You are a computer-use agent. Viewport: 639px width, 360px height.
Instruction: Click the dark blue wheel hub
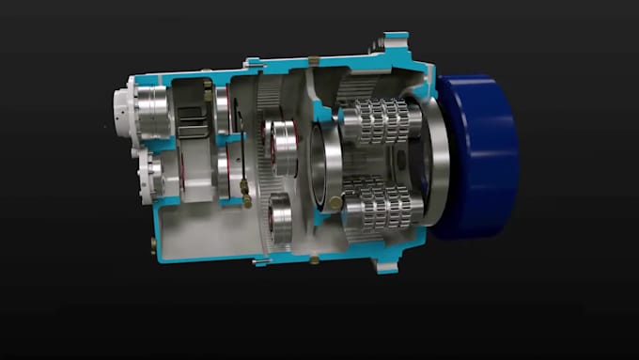(x=479, y=155)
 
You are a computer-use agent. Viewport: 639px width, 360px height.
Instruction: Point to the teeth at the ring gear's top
(x=267, y=94)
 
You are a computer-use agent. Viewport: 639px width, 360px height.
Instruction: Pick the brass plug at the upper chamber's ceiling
(x=208, y=86)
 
